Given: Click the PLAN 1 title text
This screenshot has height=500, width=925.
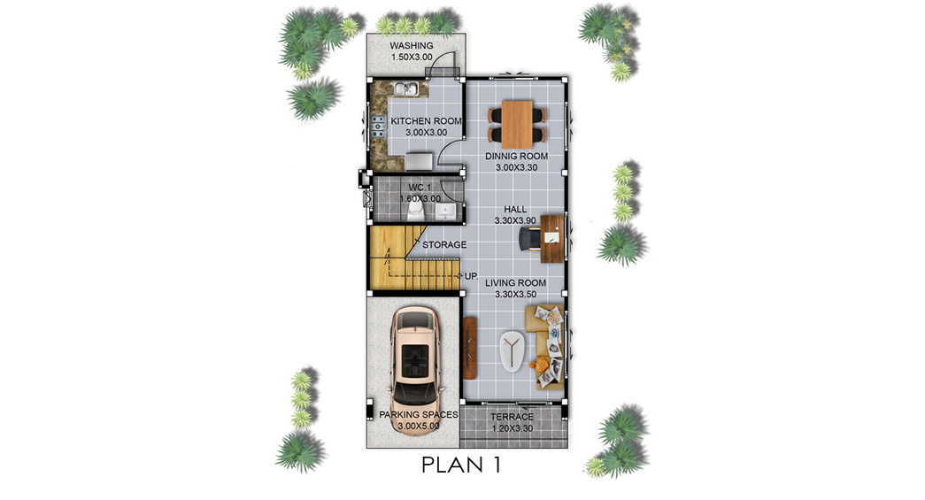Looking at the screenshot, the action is tap(461, 465).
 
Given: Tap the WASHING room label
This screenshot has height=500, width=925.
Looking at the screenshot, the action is tap(412, 45).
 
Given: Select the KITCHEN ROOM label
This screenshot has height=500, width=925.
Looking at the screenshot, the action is tap(426, 121).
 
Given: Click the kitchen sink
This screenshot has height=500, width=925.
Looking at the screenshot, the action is tap(406, 89).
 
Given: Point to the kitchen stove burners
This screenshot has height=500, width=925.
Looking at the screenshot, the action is tap(378, 127).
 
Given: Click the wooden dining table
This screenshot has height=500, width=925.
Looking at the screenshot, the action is tap(517, 125).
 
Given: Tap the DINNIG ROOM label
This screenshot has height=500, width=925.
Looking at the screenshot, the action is tap(516, 157).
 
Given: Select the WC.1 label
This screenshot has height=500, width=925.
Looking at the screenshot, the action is tap(420, 188).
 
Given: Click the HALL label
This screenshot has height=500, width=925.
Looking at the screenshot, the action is tap(515, 210).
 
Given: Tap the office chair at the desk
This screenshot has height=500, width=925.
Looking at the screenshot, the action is tap(529, 239).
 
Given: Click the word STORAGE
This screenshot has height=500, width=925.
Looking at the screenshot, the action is tap(444, 245).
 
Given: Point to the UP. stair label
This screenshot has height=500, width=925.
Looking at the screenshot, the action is tap(471, 276).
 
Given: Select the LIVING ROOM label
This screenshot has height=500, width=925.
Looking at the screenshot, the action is tap(515, 283).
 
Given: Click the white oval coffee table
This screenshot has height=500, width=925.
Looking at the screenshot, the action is tap(512, 352).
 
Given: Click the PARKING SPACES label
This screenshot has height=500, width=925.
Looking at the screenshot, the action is tap(419, 414).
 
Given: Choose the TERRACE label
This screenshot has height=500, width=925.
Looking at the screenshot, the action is tap(512, 417).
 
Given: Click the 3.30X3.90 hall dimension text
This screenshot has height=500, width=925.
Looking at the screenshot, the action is tap(515, 220).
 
